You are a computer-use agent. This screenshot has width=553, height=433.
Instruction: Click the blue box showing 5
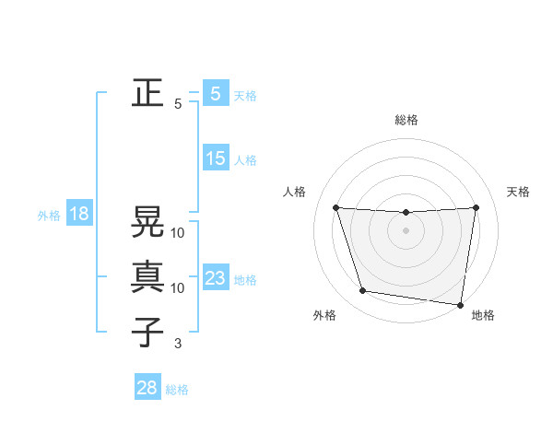coord(215,93)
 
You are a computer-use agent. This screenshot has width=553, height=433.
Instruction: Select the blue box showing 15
coord(215,158)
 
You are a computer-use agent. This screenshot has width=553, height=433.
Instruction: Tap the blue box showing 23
coord(215,278)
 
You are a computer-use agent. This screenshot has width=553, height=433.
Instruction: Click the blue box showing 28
coord(147,388)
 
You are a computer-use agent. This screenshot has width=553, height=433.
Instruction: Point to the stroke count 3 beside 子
coord(178,344)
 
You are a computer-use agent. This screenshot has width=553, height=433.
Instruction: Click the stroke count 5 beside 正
coord(178,104)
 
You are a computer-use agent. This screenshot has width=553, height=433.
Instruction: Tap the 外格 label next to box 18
coord(49,216)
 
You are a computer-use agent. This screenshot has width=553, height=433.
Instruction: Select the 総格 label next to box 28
coord(177,389)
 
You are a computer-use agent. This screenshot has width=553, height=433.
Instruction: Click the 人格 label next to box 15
coord(245,160)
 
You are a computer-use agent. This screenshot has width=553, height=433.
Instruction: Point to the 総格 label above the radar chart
coord(406,120)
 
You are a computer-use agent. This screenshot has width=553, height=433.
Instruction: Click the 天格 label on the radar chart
coord(518,192)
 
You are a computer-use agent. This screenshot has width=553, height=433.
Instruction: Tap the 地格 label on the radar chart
coord(483,316)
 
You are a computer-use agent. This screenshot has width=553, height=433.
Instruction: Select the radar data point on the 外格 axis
coord(363,291)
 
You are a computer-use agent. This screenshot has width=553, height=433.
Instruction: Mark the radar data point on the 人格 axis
coord(335,207)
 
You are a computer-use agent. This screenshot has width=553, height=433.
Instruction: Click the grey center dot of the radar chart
coord(406,230)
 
